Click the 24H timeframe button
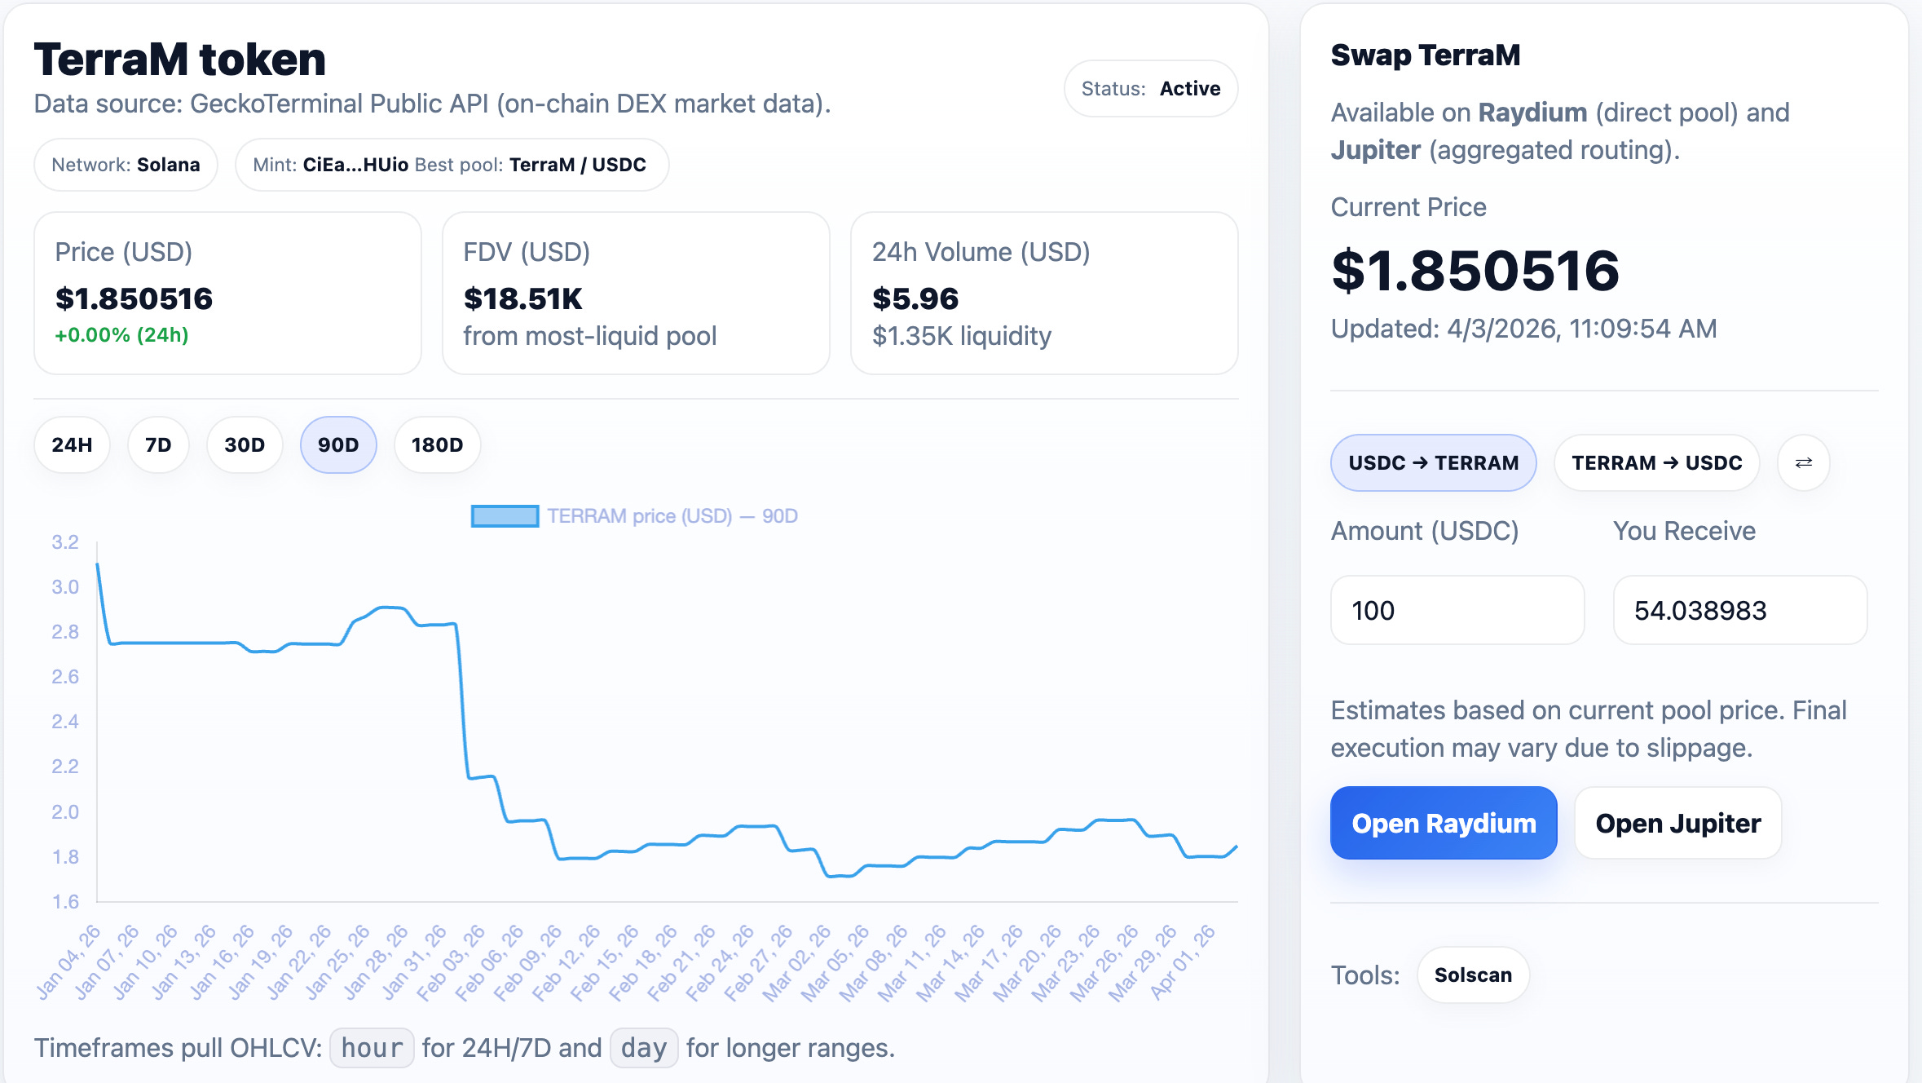click(x=72, y=445)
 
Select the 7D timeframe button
click(x=158, y=445)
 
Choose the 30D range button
click(x=245, y=445)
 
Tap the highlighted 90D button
click(x=338, y=445)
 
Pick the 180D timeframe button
click(x=437, y=445)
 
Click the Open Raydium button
click(x=1444, y=823)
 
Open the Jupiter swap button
click(x=1678, y=823)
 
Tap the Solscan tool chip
click(x=1473, y=975)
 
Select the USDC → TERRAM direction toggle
click(x=1434, y=462)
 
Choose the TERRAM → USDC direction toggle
click(x=1657, y=462)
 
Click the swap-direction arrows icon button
click(x=1804, y=462)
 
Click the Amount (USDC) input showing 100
click(x=1457, y=610)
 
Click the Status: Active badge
click(x=1151, y=88)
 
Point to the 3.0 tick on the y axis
click(x=65, y=587)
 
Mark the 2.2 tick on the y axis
click(x=65, y=767)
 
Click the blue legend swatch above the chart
click(x=505, y=516)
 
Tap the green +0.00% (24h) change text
click(x=121, y=335)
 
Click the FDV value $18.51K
click(x=523, y=298)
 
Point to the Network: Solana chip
click(x=126, y=165)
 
